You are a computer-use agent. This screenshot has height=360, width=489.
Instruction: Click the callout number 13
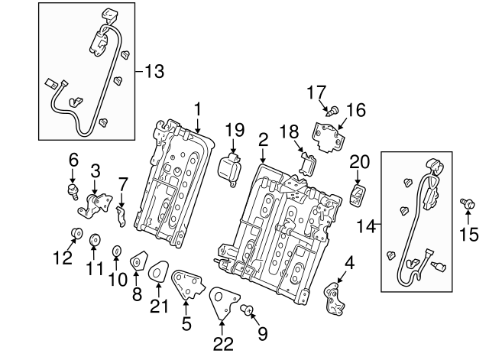coord(154,72)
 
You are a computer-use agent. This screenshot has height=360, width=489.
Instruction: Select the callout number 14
coord(368,225)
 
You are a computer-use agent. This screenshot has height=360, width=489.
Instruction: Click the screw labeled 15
coord(464,203)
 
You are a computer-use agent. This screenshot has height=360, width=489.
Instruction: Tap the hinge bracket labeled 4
coord(336,297)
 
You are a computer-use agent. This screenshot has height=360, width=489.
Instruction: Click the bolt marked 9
coord(247,310)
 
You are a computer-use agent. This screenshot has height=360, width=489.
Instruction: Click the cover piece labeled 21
coord(159,271)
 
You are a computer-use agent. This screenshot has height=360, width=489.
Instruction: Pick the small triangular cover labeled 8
coord(137,262)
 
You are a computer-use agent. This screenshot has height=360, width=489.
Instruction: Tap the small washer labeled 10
coord(117,251)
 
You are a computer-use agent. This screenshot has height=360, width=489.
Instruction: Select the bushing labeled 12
coord(76,233)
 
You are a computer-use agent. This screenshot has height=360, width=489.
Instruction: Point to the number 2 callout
coord(263,139)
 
